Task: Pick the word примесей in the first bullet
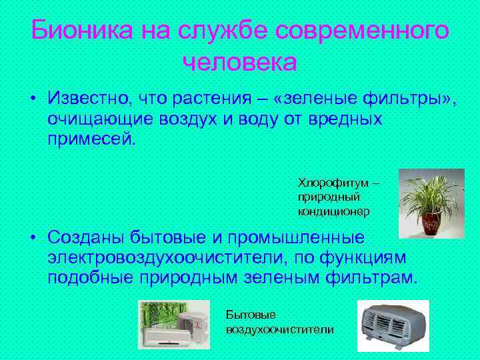(x=91, y=140)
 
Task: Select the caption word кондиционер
(x=333, y=211)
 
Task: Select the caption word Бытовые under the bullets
(x=250, y=314)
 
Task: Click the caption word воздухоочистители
(x=280, y=329)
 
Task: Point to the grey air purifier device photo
(x=393, y=327)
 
